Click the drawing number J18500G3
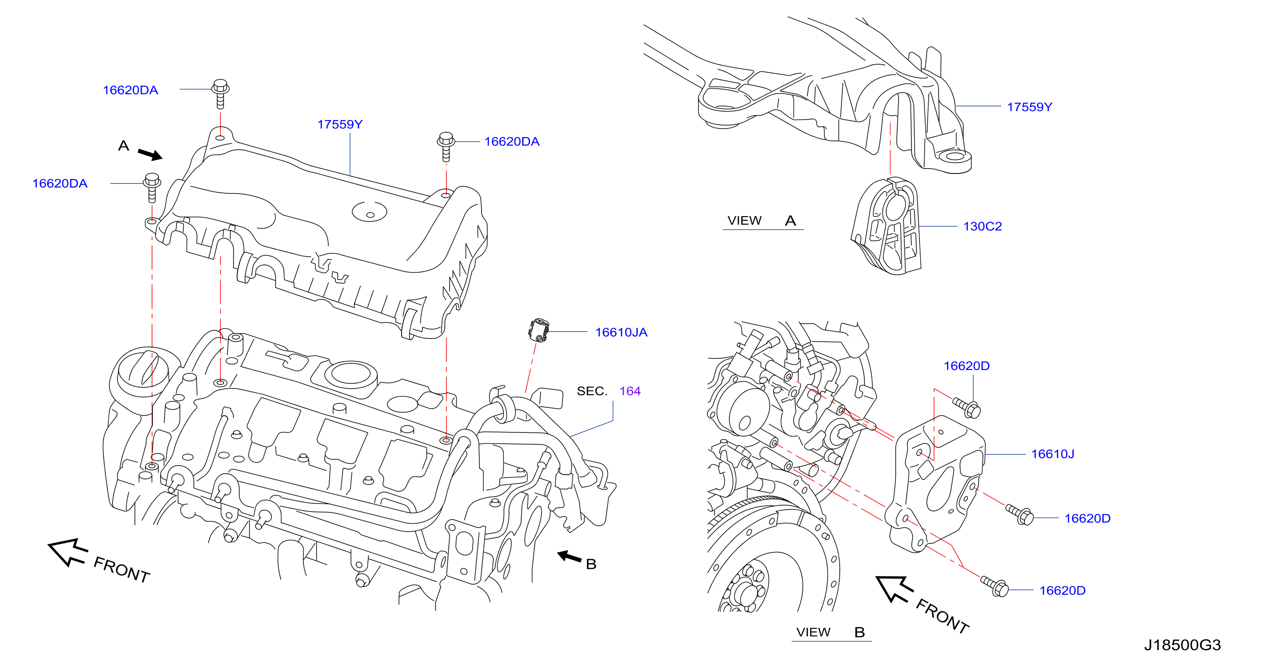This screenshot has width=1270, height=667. pyautogui.click(x=1182, y=645)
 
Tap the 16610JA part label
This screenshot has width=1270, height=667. pyautogui.click(x=621, y=333)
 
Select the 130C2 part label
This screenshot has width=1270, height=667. pyautogui.click(x=983, y=227)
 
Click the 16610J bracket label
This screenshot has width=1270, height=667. pyautogui.click(x=1053, y=454)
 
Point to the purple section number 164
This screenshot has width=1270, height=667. pyautogui.click(x=630, y=391)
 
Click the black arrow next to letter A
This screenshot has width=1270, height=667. pyautogui.click(x=150, y=155)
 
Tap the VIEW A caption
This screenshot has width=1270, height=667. pyautogui.click(x=762, y=221)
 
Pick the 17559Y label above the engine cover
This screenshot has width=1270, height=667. pyautogui.click(x=340, y=125)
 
